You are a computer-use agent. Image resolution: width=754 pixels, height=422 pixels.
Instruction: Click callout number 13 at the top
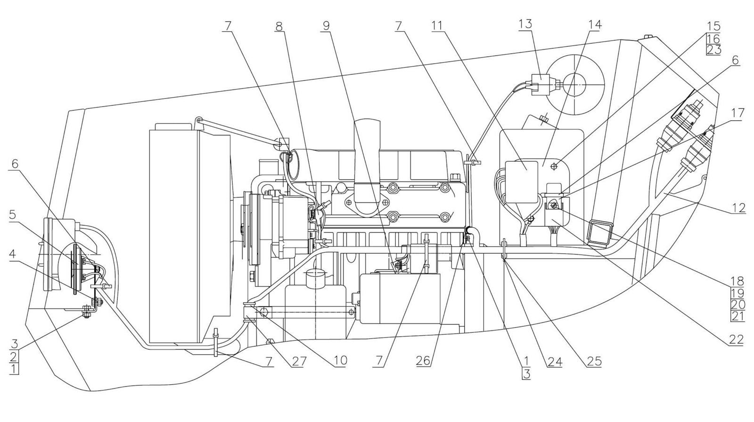pyautogui.click(x=525, y=24)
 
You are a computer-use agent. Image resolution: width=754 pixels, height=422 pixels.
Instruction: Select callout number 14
pyautogui.click(x=594, y=25)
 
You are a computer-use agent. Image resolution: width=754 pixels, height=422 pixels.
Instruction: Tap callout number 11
pyautogui.click(x=437, y=26)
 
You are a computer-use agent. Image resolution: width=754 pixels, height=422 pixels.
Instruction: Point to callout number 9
pyautogui.click(x=326, y=26)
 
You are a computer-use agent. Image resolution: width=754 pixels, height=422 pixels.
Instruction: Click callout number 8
pyautogui.click(x=279, y=26)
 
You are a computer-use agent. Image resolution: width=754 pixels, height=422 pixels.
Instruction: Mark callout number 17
pyautogui.click(x=738, y=113)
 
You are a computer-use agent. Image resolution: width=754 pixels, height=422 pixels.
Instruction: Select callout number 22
pyautogui.click(x=736, y=339)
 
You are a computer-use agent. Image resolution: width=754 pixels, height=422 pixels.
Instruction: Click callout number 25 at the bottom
pyautogui.click(x=594, y=361)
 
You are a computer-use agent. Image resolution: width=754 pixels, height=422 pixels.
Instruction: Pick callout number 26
pyautogui.click(x=423, y=361)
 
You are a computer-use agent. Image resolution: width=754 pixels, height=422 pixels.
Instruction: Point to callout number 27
pyautogui.click(x=299, y=361)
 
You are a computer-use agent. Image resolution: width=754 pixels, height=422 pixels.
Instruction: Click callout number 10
pyautogui.click(x=340, y=361)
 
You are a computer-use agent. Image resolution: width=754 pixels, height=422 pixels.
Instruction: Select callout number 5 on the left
pyautogui.click(x=12, y=215)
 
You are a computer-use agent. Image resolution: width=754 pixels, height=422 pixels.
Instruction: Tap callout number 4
pyautogui.click(x=12, y=254)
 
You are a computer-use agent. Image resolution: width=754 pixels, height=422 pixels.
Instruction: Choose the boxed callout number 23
pyautogui.click(x=713, y=50)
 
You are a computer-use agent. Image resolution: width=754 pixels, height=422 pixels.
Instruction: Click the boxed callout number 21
pyautogui.click(x=738, y=316)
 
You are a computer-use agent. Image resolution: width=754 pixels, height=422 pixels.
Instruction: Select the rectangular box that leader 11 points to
pyautogui.click(x=522, y=182)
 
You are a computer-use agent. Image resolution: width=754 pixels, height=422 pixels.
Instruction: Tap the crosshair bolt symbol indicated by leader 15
pyautogui.click(x=554, y=166)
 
